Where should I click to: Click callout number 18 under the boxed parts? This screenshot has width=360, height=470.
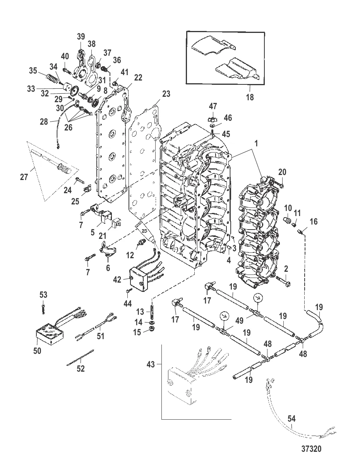coord(250,97)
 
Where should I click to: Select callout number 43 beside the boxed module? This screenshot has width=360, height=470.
coord(151,364)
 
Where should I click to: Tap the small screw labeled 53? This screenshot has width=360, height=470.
coord(43,307)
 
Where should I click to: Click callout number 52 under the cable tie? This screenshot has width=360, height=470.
coord(81,369)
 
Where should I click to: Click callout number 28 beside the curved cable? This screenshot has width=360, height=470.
coord(44,122)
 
